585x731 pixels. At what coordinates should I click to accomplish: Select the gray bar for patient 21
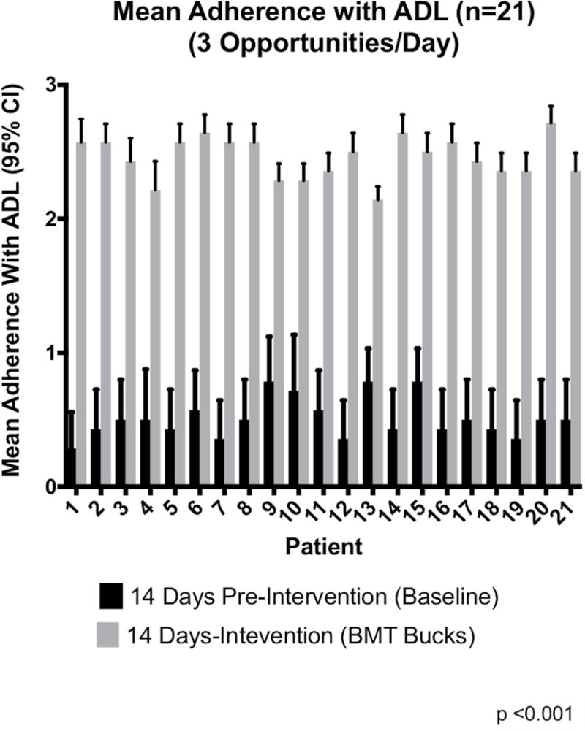575,329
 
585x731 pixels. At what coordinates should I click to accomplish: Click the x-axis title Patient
321,546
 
